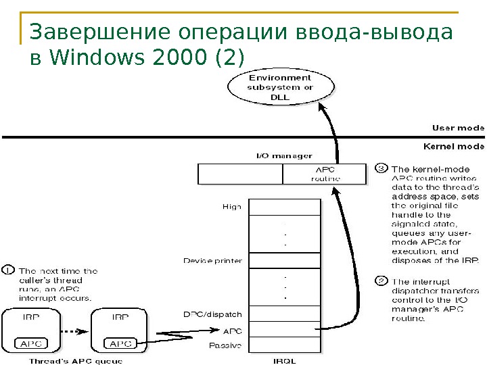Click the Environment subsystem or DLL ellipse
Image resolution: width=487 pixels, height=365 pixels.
click(x=279, y=87)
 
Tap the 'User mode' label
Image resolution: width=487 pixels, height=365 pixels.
click(x=458, y=127)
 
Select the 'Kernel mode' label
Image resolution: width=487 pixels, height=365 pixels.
click(x=453, y=145)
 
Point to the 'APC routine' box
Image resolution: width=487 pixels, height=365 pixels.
click(x=325, y=174)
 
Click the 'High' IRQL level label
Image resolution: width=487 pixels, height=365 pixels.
click(x=231, y=207)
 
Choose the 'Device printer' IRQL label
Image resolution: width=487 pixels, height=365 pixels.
click(x=212, y=260)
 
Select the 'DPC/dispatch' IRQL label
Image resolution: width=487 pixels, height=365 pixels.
click(x=212, y=314)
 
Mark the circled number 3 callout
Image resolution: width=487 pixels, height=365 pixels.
click(x=381, y=168)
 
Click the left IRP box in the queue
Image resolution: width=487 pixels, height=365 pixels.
click(x=33, y=330)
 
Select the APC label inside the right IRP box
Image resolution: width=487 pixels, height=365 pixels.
click(x=120, y=343)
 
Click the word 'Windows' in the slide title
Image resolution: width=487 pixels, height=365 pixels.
click(x=89, y=58)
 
